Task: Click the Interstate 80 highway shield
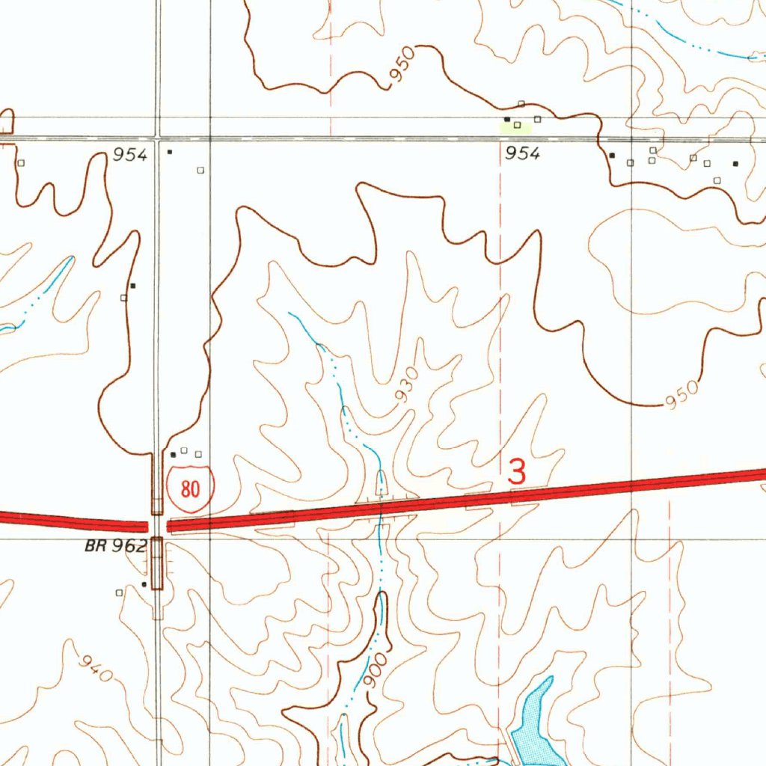(x=191, y=489)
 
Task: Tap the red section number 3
(x=517, y=471)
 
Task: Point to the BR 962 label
(x=115, y=546)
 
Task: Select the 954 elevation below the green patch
(x=522, y=153)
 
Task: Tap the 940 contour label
(x=96, y=668)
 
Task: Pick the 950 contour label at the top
(x=401, y=70)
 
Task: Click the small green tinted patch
(x=515, y=129)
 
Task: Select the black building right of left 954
(x=170, y=152)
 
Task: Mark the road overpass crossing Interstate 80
(x=157, y=525)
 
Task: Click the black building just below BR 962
(x=144, y=584)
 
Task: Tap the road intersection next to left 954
(x=157, y=138)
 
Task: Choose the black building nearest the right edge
(x=735, y=163)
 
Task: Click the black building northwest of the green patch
(x=506, y=119)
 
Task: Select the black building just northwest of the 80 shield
(x=174, y=454)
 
